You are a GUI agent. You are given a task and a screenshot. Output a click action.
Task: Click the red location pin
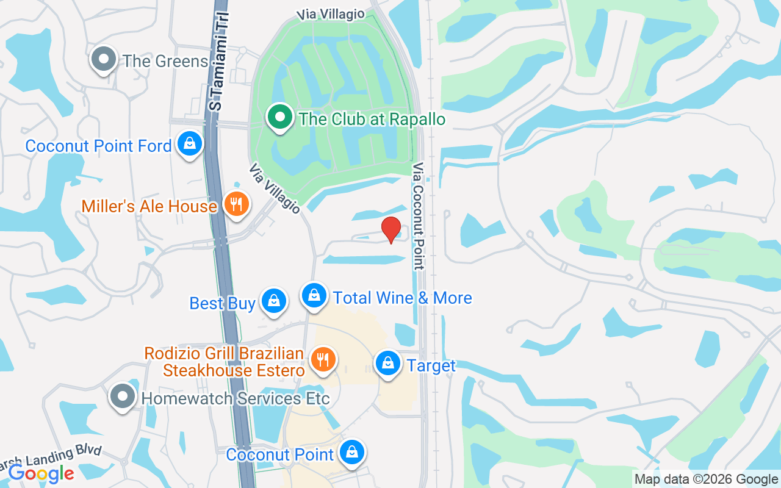point(391,229)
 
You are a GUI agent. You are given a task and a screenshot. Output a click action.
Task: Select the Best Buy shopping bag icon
point(274,301)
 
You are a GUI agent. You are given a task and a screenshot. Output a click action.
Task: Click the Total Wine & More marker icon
point(314,295)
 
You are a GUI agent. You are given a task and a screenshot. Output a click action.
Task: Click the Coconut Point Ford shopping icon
point(190,145)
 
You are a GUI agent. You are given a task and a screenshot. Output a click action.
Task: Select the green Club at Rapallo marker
point(280,117)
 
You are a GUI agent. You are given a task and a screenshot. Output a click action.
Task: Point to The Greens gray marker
point(104,60)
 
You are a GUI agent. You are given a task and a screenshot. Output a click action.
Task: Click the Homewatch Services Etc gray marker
point(123,396)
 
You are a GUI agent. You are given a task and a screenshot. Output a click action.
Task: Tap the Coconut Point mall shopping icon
point(352,453)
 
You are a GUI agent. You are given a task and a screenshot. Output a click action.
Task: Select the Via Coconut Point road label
point(418,216)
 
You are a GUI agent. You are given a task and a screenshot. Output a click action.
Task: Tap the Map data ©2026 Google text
point(706,479)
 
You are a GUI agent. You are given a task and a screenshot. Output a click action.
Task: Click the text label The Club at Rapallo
point(372,118)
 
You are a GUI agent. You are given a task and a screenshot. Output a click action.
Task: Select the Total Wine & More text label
point(402,298)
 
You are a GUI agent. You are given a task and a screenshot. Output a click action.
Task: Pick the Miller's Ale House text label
point(149,206)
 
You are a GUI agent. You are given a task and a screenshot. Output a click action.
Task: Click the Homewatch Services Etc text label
point(236,398)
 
